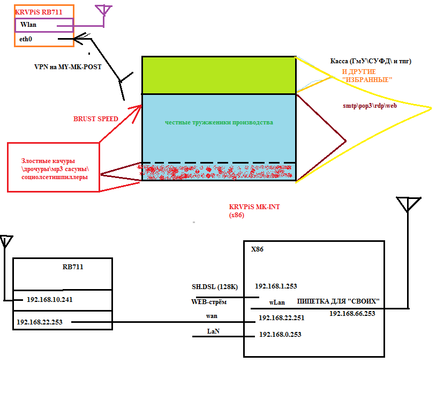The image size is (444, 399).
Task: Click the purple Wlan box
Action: click(44, 25)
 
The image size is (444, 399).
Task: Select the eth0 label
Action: click(26, 39)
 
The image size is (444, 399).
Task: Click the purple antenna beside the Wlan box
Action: click(103, 11)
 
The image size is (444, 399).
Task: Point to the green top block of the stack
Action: click(219, 75)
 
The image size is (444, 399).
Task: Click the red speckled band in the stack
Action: click(219, 172)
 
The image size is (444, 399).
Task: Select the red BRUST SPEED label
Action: click(95, 119)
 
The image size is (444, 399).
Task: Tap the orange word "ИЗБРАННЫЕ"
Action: click(367, 79)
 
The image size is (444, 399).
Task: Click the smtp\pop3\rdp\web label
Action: click(370, 106)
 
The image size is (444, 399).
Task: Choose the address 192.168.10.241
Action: click(49, 299)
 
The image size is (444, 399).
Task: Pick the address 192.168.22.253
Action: click(40, 322)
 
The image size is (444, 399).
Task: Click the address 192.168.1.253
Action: click(276, 286)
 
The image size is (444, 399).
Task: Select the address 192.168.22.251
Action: click(281, 318)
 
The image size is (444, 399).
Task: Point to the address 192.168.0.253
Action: click(280, 334)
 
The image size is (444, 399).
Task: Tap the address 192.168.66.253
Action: click(352, 313)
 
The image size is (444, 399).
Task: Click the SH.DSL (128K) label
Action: click(214, 286)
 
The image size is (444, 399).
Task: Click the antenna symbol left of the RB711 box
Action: click(6, 242)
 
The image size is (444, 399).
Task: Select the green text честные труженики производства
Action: click(219, 122)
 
